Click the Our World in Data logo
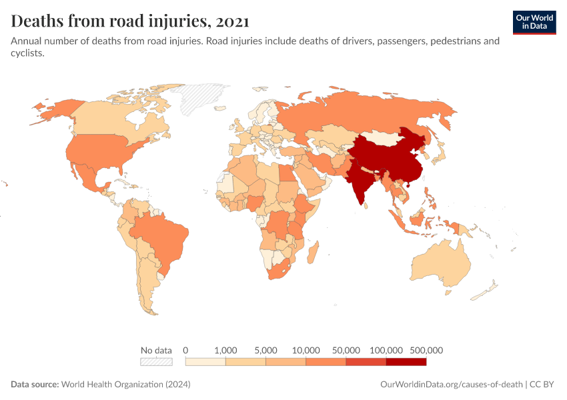point(534,22)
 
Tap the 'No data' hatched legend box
point(156,362)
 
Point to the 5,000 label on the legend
point(265,350)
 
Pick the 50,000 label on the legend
point(346,350)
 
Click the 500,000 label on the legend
point(426,350)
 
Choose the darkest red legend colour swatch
point(406,362)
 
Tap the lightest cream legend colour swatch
point(205,362)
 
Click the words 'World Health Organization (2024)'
point(126,385)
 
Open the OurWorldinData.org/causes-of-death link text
point(450,385)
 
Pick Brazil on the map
point(160,237)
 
